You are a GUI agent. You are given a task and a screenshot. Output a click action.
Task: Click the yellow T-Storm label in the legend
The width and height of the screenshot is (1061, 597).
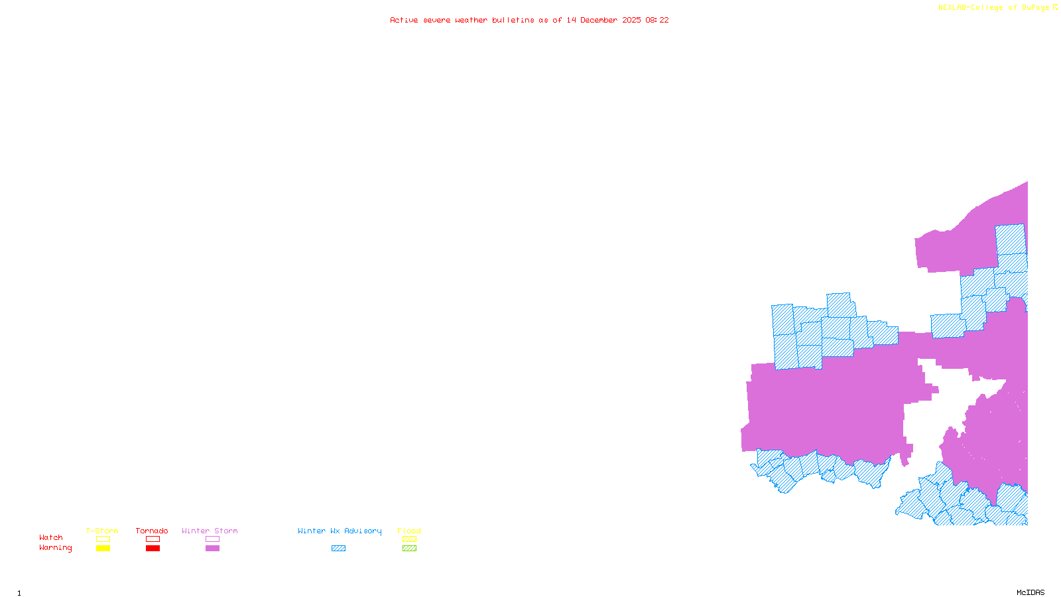pyautogui.click(x=102, y=531)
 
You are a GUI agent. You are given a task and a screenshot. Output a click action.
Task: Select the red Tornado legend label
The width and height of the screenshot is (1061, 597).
pyautogui.click(x=152, y=531)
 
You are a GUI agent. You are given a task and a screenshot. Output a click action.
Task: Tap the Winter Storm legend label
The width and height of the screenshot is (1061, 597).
pyautogui.click(x=210, y=531)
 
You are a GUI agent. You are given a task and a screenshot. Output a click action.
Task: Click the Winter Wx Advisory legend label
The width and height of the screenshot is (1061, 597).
pyautogui.click(x=340, y=531)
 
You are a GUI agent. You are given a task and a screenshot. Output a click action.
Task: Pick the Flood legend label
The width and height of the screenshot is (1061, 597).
pyautogui.click(x=409, y=531)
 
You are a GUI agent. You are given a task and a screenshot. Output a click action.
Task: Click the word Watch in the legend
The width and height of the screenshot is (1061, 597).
pyautogui.click(x=51, y=537)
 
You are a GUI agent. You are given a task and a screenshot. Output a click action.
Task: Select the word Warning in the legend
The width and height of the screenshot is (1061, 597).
pyautogui.click(x=56, y=548)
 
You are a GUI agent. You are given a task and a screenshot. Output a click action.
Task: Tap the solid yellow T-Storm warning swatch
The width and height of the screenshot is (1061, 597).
pyautogui.click(x=103, y=549)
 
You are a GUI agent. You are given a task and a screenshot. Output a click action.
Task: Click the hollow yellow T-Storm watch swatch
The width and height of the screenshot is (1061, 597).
pyautogui.click(x=103, y=539)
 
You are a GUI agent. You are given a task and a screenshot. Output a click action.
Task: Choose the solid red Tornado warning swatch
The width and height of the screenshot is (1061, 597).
pyautogui.click(x=153, y=549)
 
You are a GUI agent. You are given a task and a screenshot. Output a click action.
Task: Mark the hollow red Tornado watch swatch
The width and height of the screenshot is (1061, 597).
pyautogui.click(x=153, y=539)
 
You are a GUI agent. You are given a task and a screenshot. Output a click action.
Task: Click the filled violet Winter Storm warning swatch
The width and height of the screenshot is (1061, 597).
pyautogui.click(x=213, y=549)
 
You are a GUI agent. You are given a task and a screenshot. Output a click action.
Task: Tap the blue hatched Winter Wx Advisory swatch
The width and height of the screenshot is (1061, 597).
pyautogui.click(x=339, y=549)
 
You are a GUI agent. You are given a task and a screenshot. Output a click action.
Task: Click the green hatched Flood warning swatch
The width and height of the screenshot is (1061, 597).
pyautogui.click(x=410, y=549)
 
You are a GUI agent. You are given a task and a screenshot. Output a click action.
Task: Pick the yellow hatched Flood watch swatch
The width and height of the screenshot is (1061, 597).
pyautogui.click(x=410, y=539)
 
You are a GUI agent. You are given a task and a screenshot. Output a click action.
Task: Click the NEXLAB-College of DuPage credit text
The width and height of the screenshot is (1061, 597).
pyautogui.click(x=994, y=8)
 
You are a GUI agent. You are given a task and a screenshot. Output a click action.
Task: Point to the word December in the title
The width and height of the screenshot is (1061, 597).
pyautogui.click(x=599, y=20)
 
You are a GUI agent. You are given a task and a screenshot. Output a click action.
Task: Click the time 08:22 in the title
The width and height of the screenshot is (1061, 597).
pyautogui.click(x=657, y=20)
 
